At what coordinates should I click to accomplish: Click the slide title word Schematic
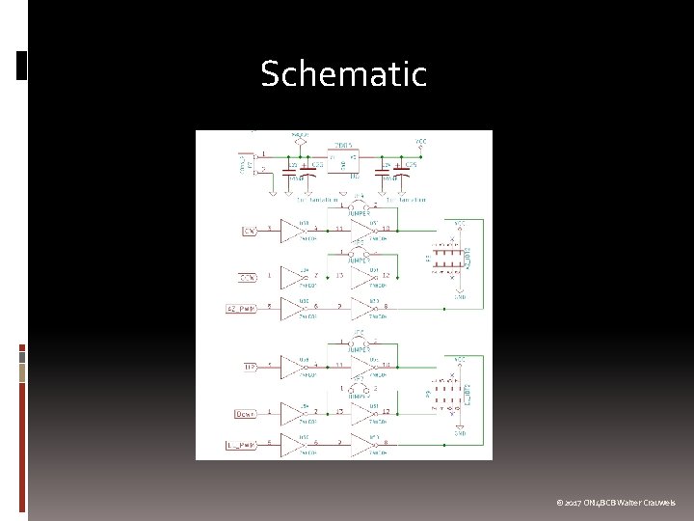coord(343,74)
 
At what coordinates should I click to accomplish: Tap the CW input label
coord(249,232)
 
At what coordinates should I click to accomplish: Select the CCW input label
coord(247,279)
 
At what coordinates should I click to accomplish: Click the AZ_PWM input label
coord(241,309)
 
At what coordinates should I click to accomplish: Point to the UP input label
coord(249,366)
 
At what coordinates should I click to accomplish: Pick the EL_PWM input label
coord(241,444)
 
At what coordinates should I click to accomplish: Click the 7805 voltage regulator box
coord(343,160)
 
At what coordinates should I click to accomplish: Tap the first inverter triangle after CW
coord(291,231)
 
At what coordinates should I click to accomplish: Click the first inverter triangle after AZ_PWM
coord(291,309)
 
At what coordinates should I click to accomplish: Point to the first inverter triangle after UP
coord(291,366)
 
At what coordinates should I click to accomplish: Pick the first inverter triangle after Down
coord(291,414)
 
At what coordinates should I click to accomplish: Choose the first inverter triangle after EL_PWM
coord(291,444)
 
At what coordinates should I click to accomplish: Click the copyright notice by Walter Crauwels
coord(616,503)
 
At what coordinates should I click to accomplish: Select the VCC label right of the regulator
coord(421,141)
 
